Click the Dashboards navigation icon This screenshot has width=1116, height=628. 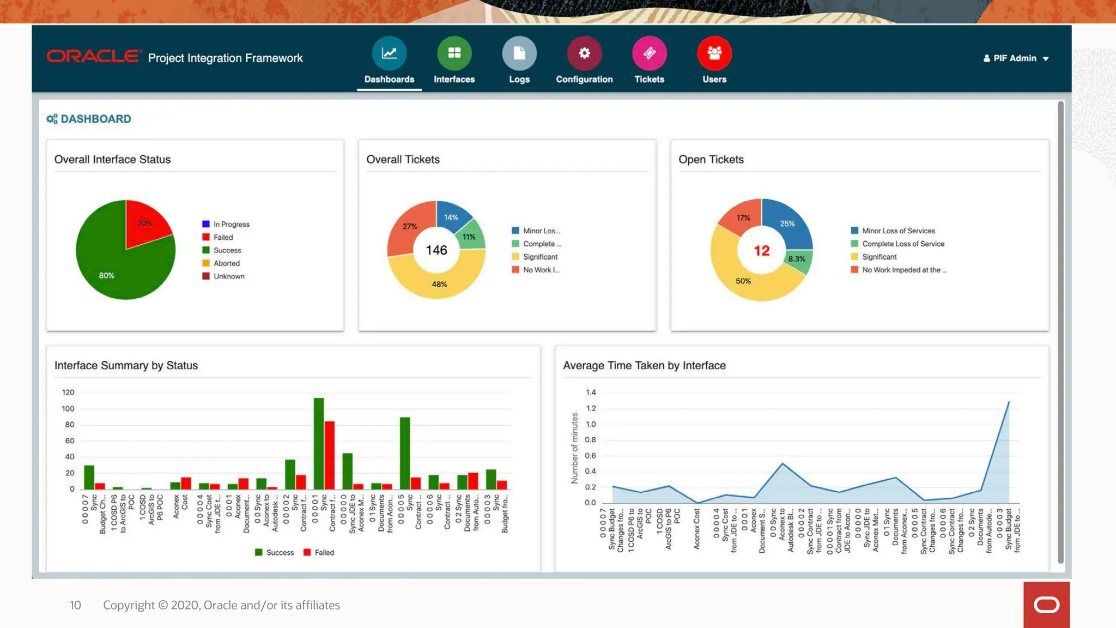pos(389,53)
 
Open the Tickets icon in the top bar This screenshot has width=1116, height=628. pos(649,53)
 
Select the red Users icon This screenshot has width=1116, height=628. pos(714,53)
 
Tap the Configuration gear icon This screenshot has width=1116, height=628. pos(584,53)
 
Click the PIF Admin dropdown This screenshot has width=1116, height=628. pos(1016,58)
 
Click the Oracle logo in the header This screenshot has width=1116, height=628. pos(93,57)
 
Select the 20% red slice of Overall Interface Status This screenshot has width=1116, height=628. pos(145,224)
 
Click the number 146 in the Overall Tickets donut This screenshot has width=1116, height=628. pos(436,250)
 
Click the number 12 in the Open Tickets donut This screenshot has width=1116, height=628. pos(761,251)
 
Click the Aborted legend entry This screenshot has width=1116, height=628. pos(226,263)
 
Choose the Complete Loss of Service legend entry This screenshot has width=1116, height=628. pos(902,244)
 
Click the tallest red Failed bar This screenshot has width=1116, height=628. pos(330,455)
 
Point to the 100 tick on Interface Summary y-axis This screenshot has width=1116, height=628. pos(68,408)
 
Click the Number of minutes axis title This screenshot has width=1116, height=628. pos(574,448)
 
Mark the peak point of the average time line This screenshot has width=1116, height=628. pos(1008,402)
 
